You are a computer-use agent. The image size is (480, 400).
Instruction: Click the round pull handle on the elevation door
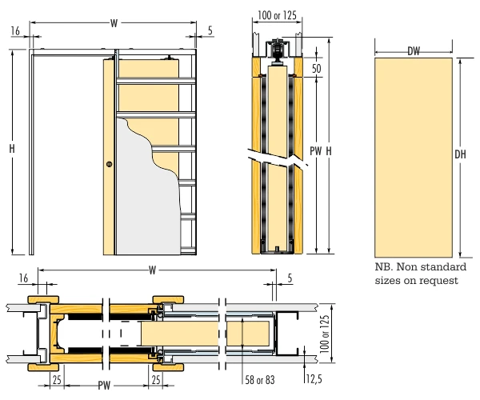109,165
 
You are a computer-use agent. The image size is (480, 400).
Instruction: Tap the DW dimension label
414,52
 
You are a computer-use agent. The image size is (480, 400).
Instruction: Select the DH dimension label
460,154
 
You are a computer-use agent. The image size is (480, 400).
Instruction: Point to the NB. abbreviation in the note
385,267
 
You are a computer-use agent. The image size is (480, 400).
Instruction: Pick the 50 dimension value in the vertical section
317,70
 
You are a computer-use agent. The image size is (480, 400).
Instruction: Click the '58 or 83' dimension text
258,378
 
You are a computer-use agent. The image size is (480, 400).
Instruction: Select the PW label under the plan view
104,386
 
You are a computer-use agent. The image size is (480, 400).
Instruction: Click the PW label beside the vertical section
314,150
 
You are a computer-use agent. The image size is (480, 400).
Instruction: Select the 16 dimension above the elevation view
16,30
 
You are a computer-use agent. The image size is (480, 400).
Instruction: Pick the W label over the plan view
152,270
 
